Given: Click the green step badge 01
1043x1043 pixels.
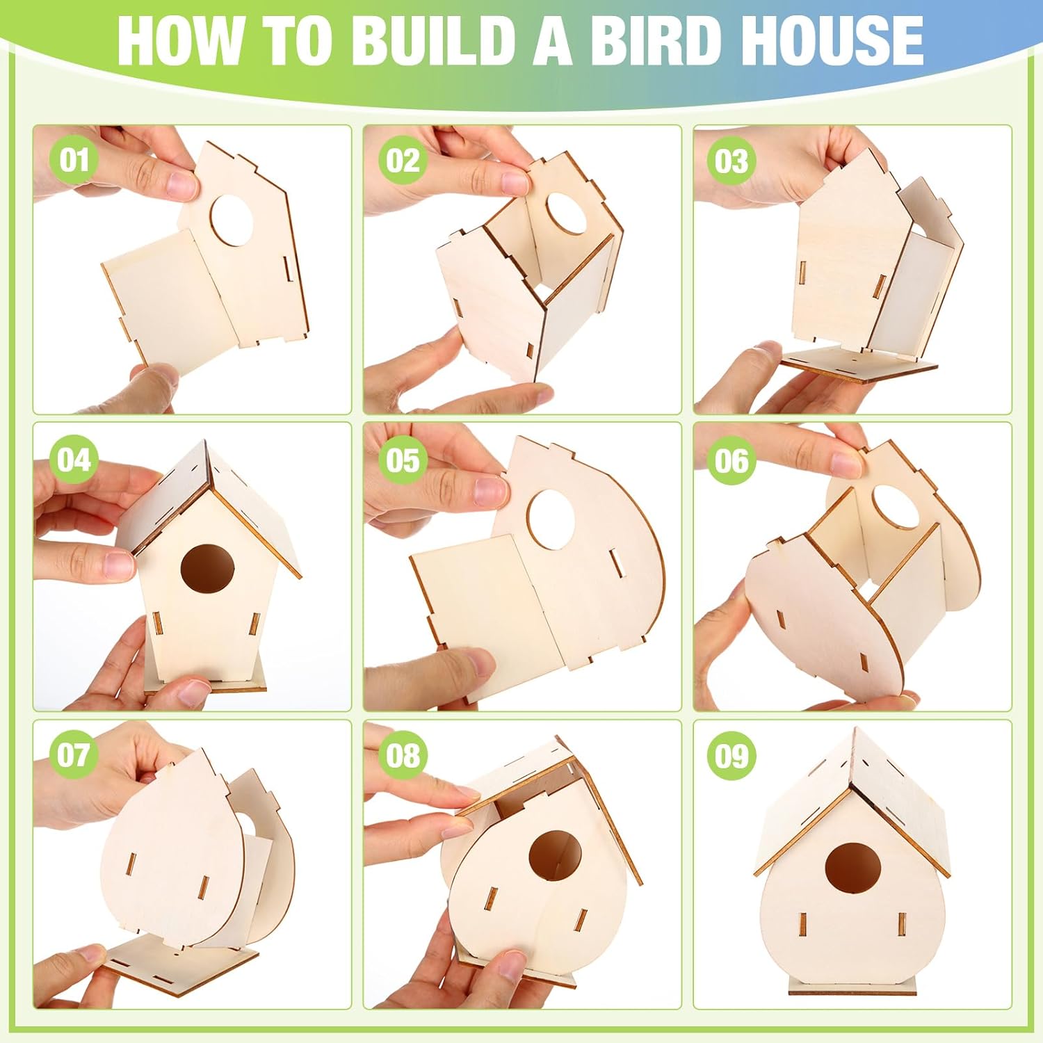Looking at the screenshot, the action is coord(74,161).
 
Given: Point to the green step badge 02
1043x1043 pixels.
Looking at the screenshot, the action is coord(403,161).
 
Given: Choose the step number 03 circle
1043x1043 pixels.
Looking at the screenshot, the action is coord(731,161).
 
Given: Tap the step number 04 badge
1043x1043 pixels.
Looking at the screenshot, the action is coord(74,460).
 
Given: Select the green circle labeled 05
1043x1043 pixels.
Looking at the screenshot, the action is coord(403,460).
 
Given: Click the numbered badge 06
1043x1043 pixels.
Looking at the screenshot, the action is coord(731,460).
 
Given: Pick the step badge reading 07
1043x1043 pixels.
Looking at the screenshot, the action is coord(74,756).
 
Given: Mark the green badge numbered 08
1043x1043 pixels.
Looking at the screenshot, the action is coord(403,756).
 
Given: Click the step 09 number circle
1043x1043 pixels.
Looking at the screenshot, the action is coord(731,756).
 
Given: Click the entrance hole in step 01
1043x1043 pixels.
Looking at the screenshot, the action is coord(232,220).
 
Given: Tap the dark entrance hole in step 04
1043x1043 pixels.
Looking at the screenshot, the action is coord(208,568).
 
